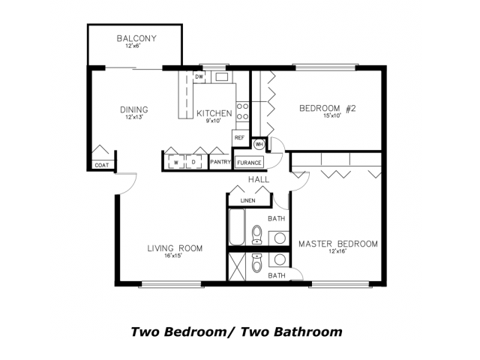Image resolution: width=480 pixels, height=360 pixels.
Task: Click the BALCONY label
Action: (136, 38)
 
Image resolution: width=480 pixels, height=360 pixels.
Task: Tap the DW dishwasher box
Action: (199, 76)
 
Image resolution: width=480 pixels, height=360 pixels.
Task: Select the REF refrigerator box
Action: (239, 138)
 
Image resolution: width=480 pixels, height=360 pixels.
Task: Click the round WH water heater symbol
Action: (259, 144)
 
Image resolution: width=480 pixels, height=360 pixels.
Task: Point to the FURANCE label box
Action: (249, 163)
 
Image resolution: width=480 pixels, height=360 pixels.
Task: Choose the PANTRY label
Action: (220, 162)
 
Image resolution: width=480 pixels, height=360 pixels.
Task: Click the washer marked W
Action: (175, 162)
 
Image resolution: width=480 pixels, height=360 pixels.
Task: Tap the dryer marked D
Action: (193, 162)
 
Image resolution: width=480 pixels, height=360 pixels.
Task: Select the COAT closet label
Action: (102, 165)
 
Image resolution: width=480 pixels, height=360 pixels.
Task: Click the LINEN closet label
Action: (248, 201)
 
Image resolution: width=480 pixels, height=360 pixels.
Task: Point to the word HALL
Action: (259, 180)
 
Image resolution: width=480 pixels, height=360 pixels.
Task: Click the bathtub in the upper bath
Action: (237, 226)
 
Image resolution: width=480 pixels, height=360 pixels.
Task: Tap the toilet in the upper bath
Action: (256, 235)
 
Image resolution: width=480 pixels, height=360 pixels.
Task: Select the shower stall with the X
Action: (237, 267)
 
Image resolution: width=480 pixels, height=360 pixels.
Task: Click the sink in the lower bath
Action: (279, 260)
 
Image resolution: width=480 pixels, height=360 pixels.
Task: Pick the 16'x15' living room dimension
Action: (173, 256)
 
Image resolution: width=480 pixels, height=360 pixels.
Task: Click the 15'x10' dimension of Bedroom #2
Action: (332, 115)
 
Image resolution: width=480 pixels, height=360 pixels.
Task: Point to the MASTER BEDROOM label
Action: (338, 244)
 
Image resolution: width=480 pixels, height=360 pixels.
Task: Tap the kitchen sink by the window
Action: (222, 76)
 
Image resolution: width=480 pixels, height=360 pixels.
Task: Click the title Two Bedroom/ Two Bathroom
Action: (237, 331)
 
